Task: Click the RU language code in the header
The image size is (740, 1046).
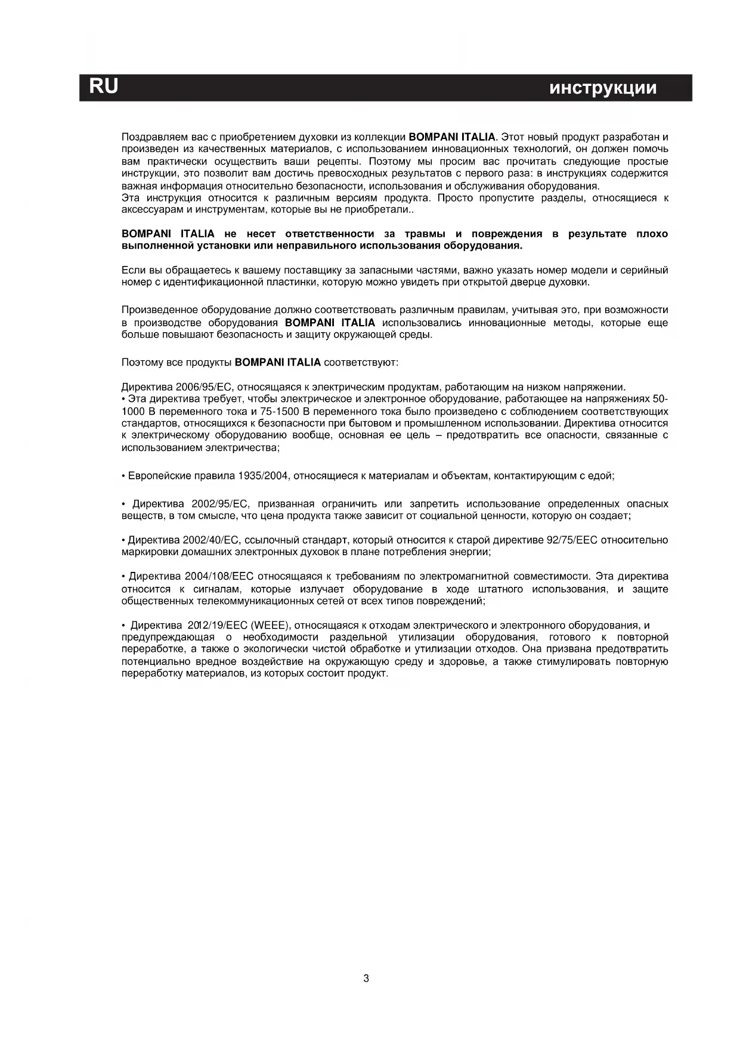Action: (x=103, y=87)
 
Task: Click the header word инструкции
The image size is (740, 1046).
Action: (x=603, y=88)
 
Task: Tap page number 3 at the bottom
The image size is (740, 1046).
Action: (x=366, y=978)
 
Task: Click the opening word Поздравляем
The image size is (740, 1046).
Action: (x=150, y=137)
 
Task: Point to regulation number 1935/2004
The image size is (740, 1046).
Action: (x=264, y=476)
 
